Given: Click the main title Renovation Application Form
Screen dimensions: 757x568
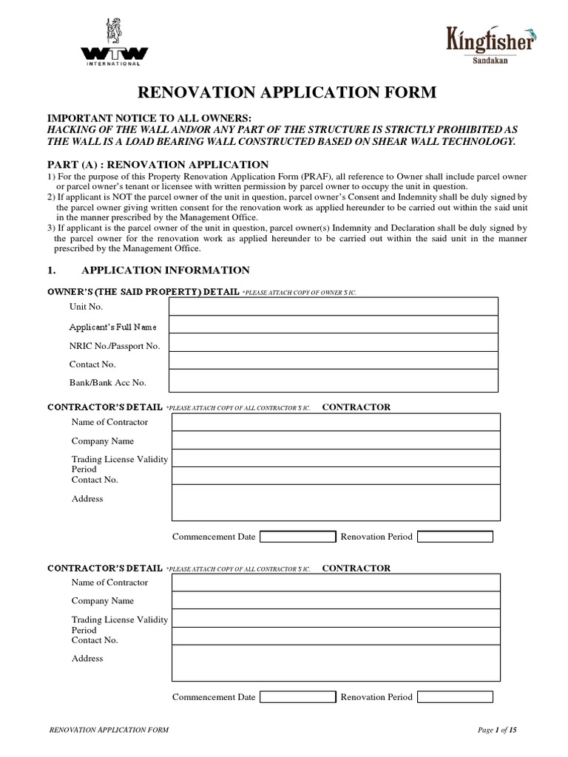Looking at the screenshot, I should coord(284,92).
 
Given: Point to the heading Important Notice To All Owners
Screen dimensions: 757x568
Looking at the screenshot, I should coord(149,119).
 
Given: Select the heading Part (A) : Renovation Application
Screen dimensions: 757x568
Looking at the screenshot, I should coord(158,164).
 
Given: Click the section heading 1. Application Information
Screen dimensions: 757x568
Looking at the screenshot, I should coord(165,271).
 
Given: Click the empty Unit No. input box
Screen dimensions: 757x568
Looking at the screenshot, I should coord(333,306).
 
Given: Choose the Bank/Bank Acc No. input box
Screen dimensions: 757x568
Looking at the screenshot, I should coord(333,381).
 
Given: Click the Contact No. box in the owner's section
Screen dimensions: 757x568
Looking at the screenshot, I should coord(333,361).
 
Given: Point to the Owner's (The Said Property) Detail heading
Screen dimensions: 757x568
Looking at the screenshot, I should coord(143,292).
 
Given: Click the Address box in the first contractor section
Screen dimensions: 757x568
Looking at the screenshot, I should coord(336,503).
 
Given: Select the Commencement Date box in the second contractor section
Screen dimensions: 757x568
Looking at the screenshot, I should coord(297,696).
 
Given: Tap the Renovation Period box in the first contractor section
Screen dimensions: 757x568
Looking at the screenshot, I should coord(455,536).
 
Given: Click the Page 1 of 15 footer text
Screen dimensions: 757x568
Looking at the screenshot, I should coord(497,730).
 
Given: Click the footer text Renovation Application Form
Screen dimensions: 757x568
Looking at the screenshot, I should coord(108,730).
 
